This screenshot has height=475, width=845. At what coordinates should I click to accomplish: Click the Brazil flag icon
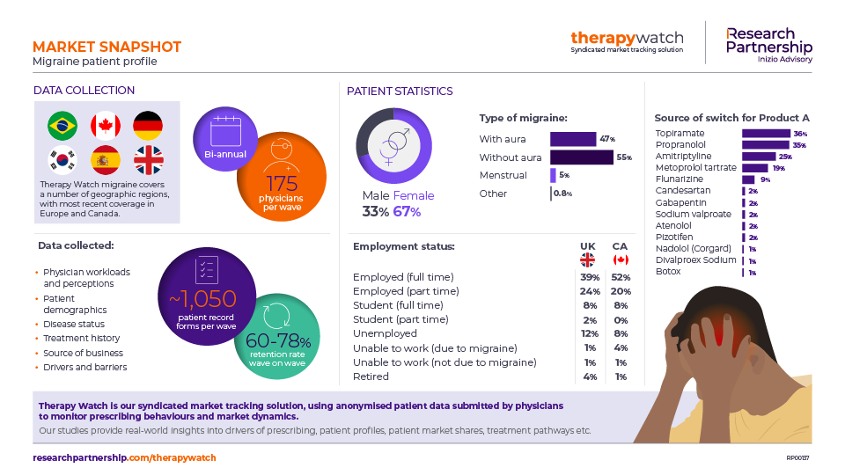click(x=62, y=126)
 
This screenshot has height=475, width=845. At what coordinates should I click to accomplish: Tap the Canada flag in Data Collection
click(x=106, y=126)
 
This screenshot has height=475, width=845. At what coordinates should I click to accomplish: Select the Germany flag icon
click(x=148, y=126)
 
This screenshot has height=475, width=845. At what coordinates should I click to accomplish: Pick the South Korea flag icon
click(x=62, y=159)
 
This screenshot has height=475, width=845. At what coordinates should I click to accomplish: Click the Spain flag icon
click(x=106, y=159)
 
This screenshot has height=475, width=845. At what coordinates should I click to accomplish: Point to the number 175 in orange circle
click(x=282, y=183)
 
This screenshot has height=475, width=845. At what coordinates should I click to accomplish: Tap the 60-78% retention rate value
click(x=279, y=340)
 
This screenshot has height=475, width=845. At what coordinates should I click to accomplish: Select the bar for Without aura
click(x=581, y=157)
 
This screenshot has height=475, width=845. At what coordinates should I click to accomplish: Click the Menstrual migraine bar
click(x=553, y=175)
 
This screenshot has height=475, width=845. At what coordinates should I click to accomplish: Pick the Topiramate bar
click(x=766, y=134)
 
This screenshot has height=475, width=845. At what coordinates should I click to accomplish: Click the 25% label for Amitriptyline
click(x=785, y=157)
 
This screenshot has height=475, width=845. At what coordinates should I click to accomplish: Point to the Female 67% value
click(x=407, y=211)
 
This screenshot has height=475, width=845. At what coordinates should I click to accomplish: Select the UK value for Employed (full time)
click(x=589, y=277)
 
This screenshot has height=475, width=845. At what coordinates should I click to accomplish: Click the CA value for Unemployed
click(x=621, y=333)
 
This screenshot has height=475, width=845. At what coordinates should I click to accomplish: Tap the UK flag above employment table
click(x=588, y=259)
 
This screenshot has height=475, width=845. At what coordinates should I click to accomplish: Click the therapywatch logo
click(x=627, y=39)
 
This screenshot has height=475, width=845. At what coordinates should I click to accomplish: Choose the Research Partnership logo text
click(x=768, y=40)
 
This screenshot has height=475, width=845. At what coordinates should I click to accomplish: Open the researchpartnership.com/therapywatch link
click(x=124, y=458)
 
